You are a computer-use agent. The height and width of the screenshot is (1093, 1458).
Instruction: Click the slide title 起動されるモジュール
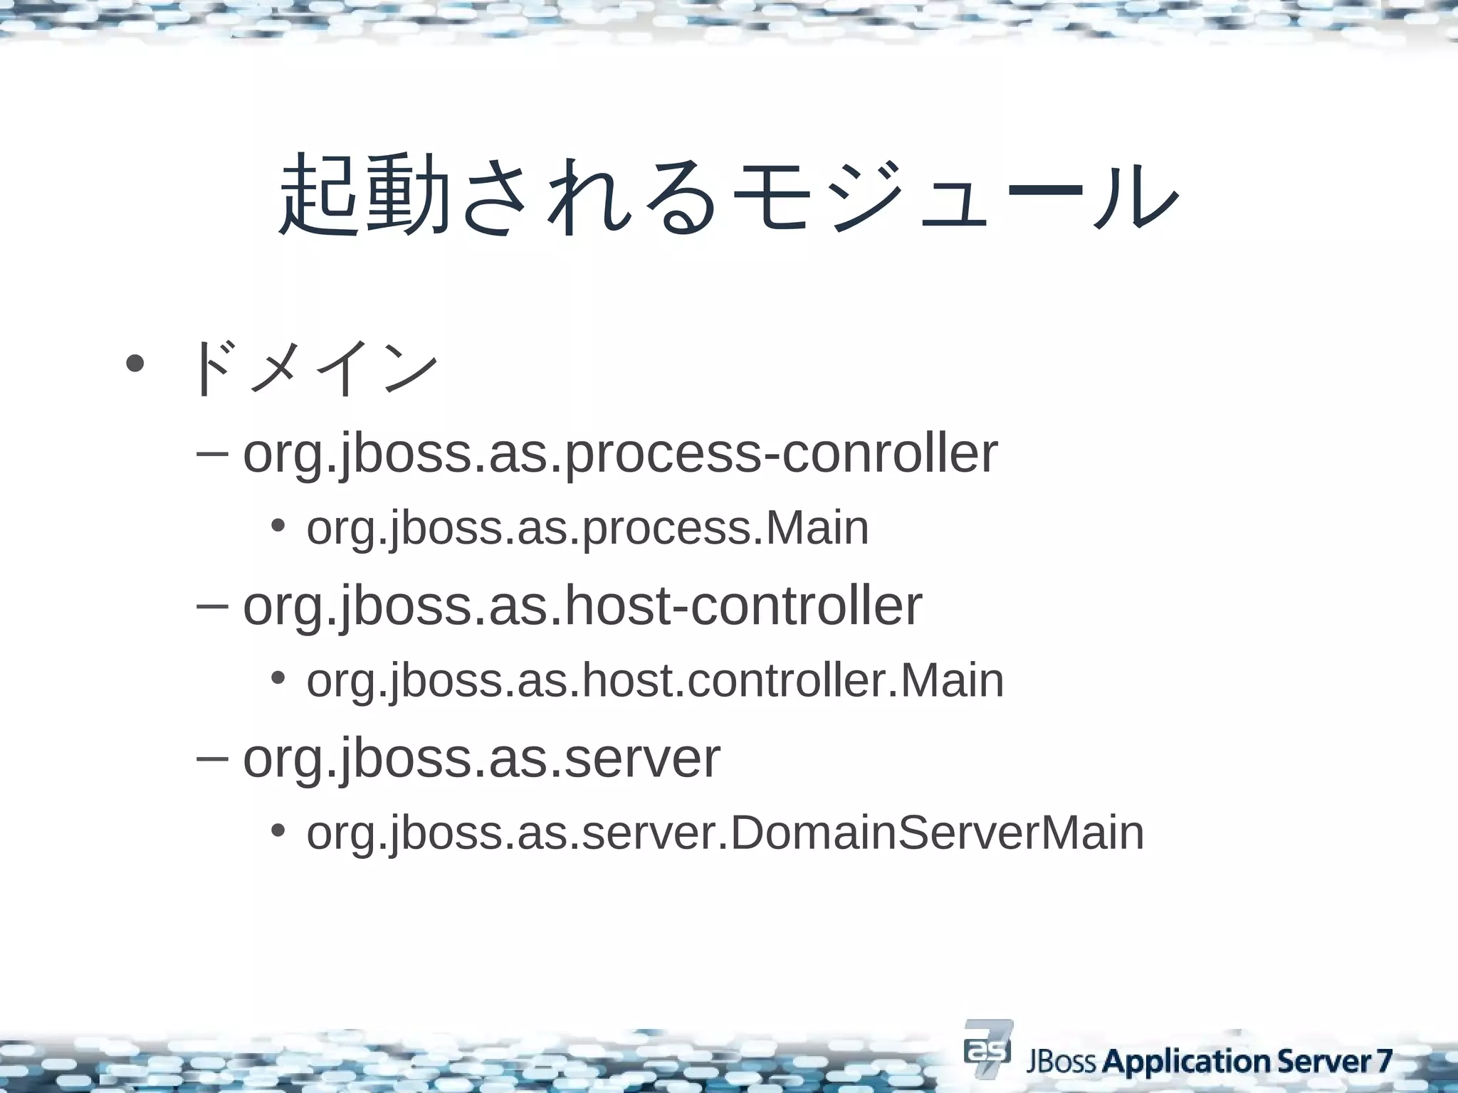click(728, 195)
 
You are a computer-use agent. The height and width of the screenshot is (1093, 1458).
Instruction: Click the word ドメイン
click(313, 368)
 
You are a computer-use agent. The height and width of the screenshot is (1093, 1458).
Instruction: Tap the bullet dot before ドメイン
click(133, 364)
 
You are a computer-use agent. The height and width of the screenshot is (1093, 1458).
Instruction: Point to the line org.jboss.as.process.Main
click(587, 529)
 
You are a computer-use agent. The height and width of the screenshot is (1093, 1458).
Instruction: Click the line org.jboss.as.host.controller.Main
click(655, 680)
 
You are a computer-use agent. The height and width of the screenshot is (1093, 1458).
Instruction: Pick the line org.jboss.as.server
click(481, 759)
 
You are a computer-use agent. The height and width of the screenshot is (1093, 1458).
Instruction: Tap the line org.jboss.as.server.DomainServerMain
click(725, 833)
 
